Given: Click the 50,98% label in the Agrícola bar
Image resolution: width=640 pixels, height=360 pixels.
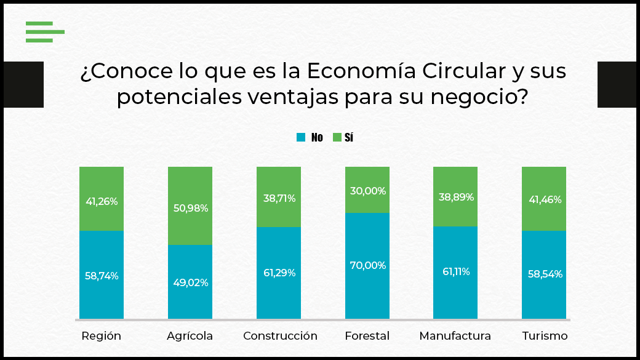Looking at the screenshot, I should click(190, 208).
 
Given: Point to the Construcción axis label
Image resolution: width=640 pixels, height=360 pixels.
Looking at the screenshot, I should click(280, 336).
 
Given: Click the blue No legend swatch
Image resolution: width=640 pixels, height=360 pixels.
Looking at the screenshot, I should click(301, 137).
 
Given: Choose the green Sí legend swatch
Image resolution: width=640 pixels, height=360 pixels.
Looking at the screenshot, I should click(337, 137).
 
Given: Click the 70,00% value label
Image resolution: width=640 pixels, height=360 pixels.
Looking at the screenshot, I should click(367, 266).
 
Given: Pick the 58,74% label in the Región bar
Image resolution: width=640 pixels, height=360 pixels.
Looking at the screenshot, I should click(102, 276).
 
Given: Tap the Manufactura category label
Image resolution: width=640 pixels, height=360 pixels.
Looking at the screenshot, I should click(455, 336).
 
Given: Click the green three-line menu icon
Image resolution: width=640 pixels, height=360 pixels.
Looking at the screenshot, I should click(45, 31).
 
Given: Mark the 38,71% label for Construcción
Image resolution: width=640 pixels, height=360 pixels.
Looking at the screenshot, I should click(279, 198).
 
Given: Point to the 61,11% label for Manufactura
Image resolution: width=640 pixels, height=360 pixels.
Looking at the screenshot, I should click(455, 271).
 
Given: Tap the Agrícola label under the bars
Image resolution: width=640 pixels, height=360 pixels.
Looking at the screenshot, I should click(190, 336).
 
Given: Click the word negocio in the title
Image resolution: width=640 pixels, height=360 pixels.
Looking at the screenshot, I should click(474, 97).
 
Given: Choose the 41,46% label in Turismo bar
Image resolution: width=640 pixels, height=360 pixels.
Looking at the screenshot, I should click(545, 199).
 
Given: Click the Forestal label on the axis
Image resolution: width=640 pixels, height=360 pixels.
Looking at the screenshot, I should click(367, 336).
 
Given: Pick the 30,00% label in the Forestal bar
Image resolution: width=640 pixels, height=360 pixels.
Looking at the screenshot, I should click(367, 191).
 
